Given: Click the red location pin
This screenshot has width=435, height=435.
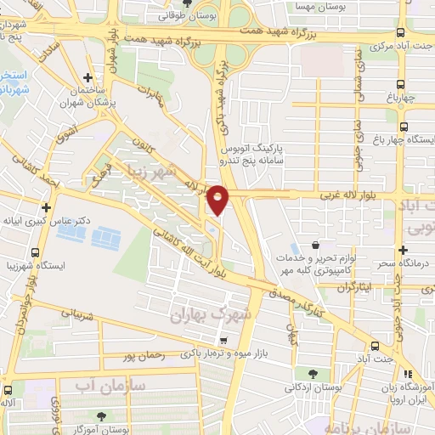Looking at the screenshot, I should click(x=218, y=199).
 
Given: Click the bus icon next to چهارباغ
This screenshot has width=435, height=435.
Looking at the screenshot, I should click(x=401, y=85).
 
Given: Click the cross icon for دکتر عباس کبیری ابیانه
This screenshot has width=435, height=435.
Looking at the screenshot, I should click(x=46, y=207).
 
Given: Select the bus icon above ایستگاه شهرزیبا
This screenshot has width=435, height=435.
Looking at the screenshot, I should click(x=35, y=252).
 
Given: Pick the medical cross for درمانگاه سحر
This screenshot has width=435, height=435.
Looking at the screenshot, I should click(x=402, y=250).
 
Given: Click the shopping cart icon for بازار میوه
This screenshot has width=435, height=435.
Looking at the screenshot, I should click(x=223, y=340).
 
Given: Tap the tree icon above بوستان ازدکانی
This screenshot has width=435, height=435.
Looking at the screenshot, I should click(x=314, y=374).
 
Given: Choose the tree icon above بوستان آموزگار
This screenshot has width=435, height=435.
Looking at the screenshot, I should click(x=102, y=416).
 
